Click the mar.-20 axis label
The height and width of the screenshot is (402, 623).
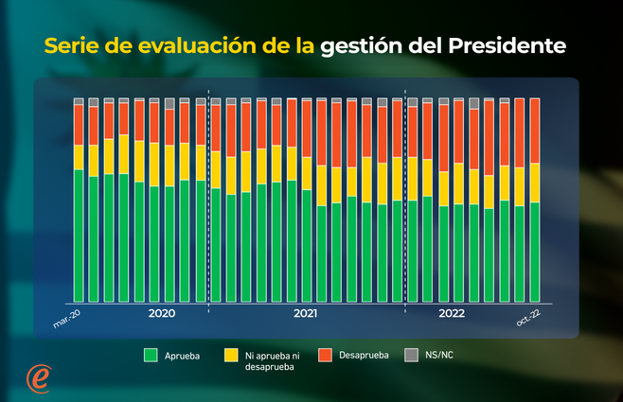point(66,322)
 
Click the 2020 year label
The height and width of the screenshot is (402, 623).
point(162,313)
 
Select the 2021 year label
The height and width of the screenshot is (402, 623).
point(305,313)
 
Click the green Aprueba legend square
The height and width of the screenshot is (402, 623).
point(150,355)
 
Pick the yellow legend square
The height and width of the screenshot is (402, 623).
point(230,355)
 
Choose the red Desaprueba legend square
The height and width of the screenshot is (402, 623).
point(324,355)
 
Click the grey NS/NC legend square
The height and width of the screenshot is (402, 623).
point(411,355)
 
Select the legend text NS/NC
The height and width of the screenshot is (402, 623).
point(438,356)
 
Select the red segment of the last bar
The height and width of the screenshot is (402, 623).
point(534,130)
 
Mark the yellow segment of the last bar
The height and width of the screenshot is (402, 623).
point(534,182)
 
